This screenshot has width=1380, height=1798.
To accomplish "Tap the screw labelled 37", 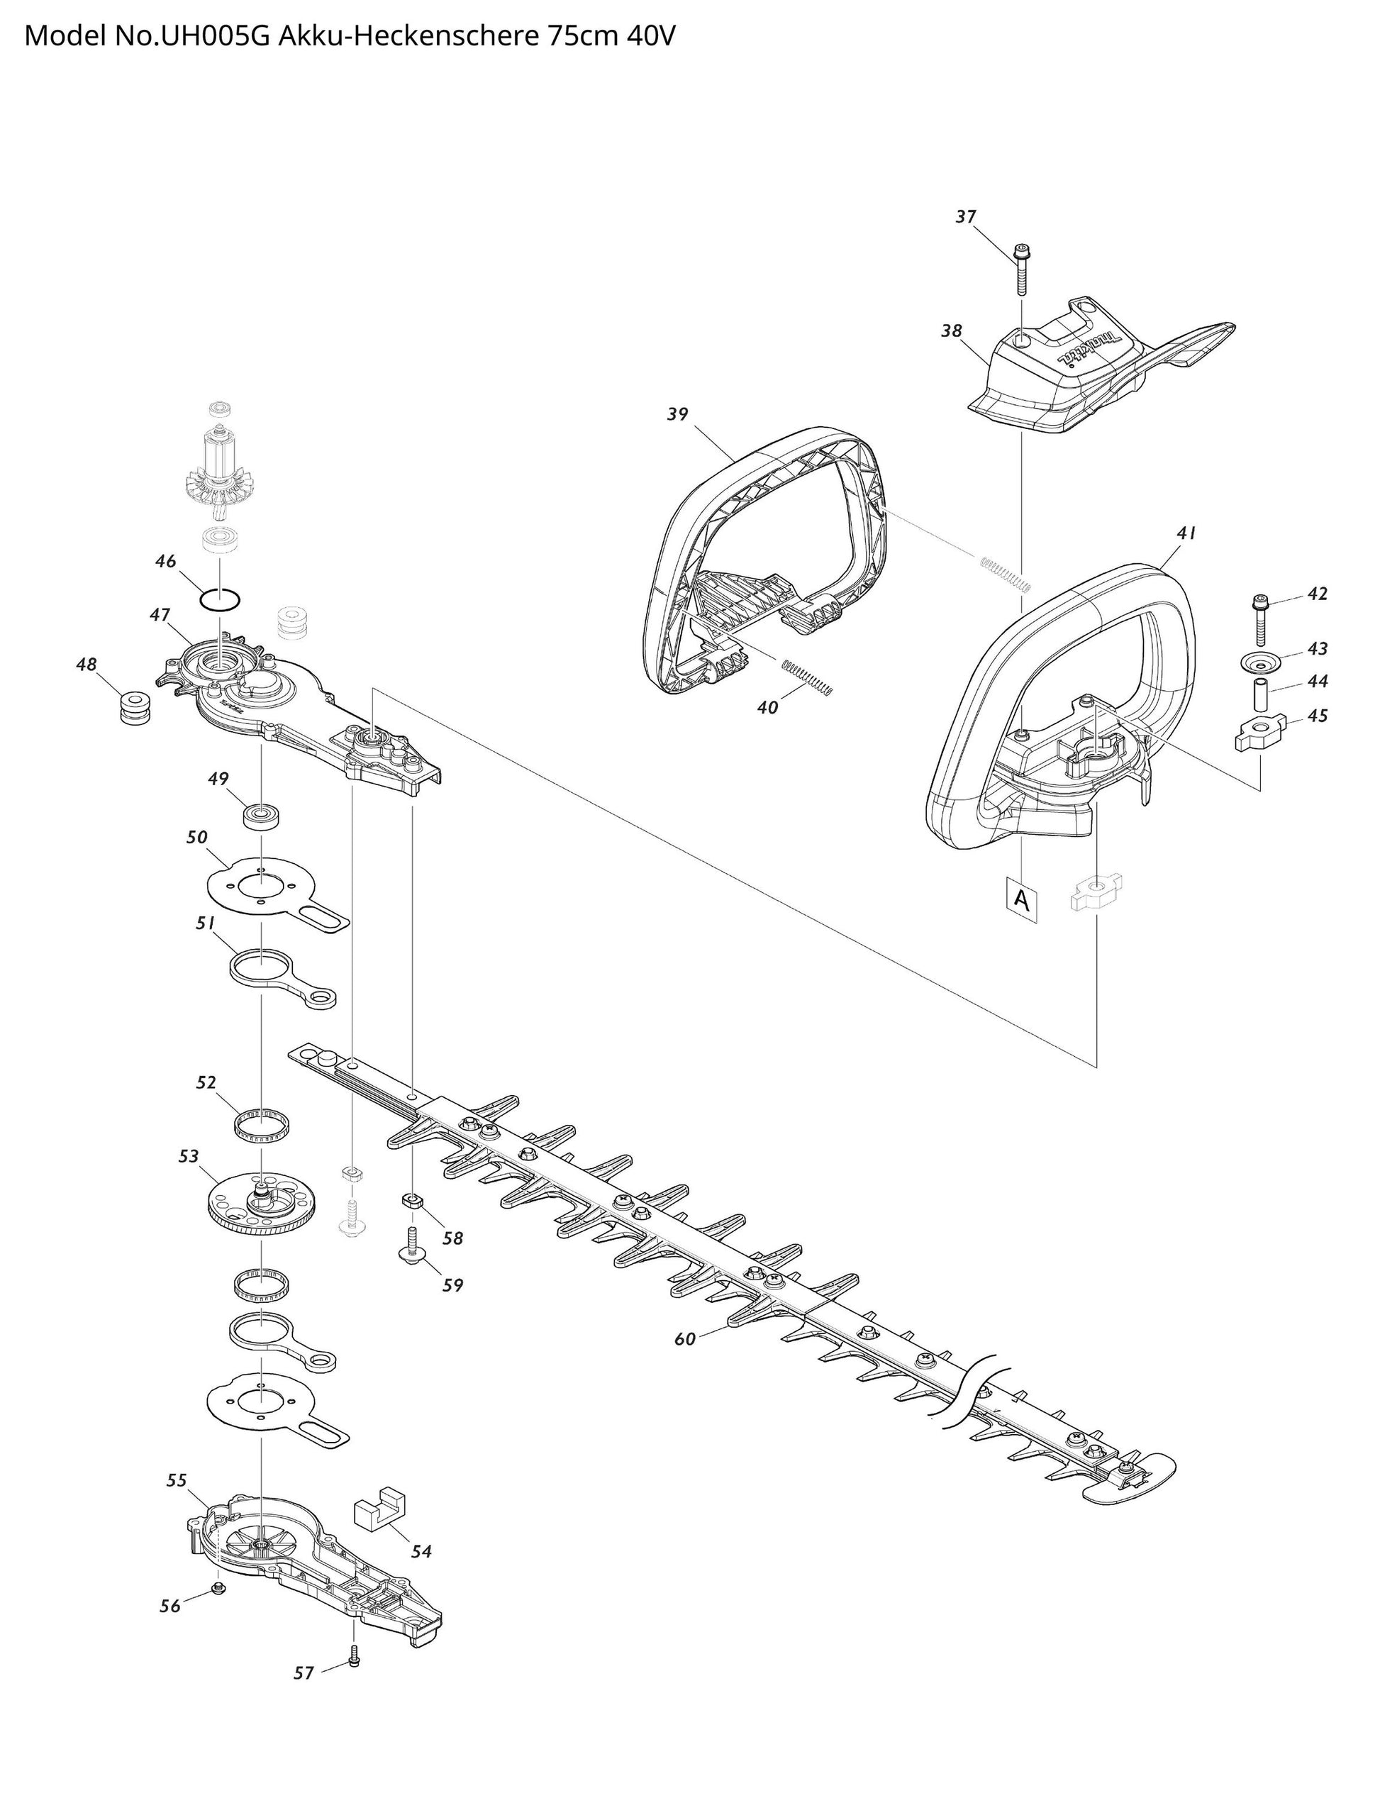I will coord(1021,271).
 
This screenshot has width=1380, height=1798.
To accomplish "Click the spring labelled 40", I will coord(808,676).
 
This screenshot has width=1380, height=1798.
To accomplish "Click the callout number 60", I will coord(684,1339).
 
